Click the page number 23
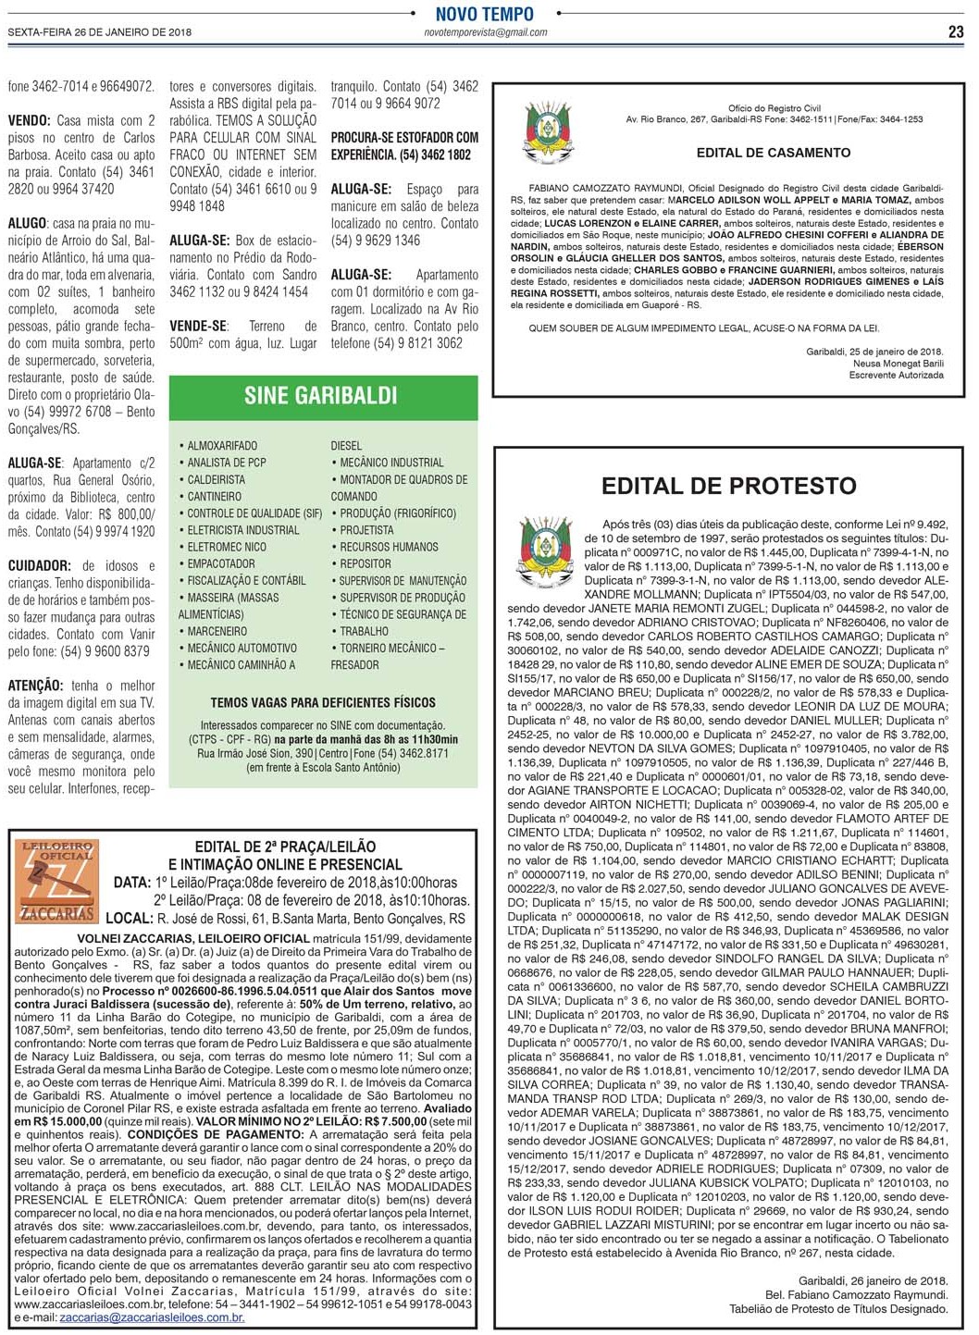tap(956, 31)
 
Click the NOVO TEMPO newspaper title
tap(485, 14)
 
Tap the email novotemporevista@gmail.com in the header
tap(485, 32)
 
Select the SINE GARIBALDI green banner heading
tap(320, 396)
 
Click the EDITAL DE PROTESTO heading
tap(728, 486)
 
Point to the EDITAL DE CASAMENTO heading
tap(774, 153)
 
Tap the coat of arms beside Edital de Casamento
tap(549, 135)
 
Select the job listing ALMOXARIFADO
tap(222, 446)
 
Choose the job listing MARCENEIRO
tap(217, 631)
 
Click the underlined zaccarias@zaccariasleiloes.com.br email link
tap(152, 1316)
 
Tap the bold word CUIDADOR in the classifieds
tap(39, 565)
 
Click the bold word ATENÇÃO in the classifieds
tap(35, 686)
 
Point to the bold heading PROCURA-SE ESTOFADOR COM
tap(404, 137)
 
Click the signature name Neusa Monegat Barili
tap(898, 364)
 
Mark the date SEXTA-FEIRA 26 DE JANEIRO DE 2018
tap(100, 32)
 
